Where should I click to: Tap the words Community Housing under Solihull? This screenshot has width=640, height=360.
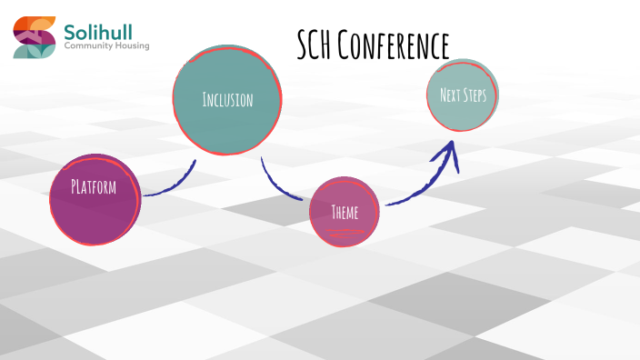(x=106, y=45)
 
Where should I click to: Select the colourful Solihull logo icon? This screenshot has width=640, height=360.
(x=35, y=37)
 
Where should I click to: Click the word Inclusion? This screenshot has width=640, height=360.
(x=227, y=99)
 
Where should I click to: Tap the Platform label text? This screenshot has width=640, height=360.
(x=95, y=187)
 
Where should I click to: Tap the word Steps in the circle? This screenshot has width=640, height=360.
(x=477, y=95)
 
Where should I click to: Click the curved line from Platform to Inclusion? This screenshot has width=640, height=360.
(x=173, y=186)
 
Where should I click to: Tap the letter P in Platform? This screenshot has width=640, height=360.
(x=75, y=187)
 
